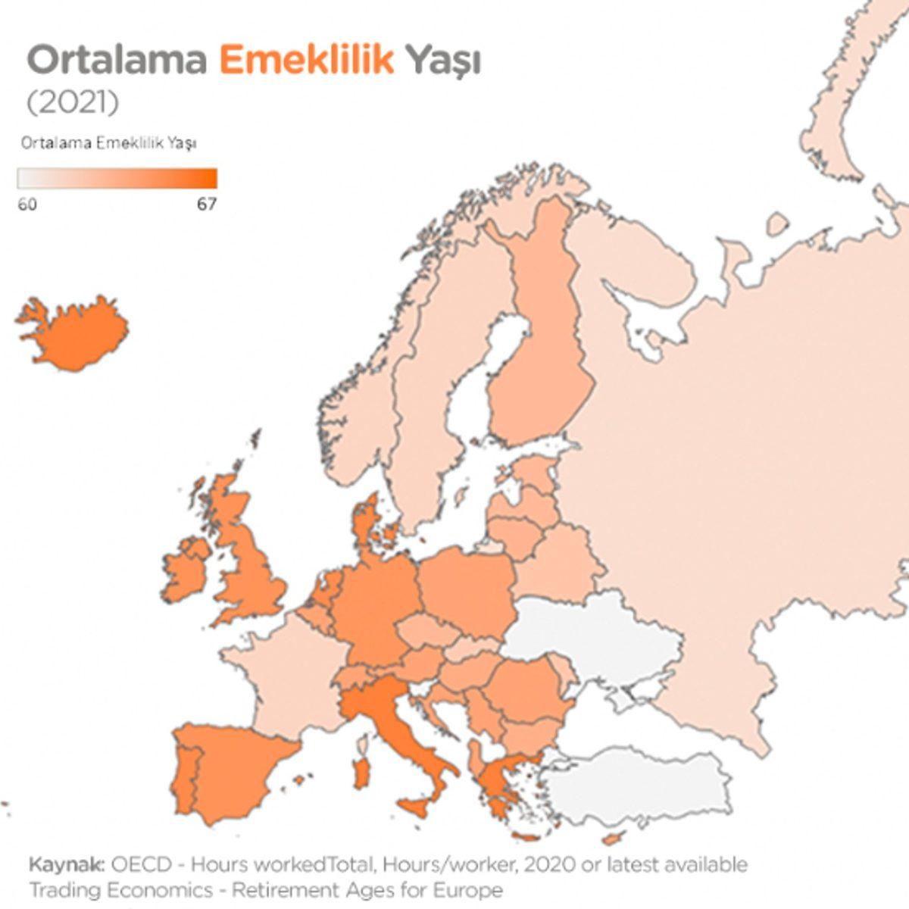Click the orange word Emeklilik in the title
[x=307, y=61]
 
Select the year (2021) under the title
[x=73, y=103]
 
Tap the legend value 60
[x=27, y=205]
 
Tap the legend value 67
[x=207, y=205]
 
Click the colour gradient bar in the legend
[x=117, y=178]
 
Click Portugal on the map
[x=186, y=780]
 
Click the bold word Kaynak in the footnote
[x=67, y=865]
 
